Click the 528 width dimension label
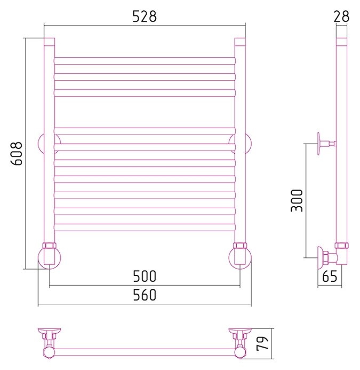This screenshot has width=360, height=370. pos(145,17)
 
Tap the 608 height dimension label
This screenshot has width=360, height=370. pos(17,153)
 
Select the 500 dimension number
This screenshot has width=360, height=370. pos(145,277)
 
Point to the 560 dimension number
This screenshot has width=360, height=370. pos(145,295)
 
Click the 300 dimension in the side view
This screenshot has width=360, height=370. pos(297,201)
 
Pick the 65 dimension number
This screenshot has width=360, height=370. pos(330,277)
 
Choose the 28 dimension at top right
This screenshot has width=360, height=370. pos(341,17)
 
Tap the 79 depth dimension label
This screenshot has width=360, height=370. pos(262,343)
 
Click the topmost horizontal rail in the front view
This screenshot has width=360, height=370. pos(145,61)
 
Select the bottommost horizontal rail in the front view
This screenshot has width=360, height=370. pos(145,227)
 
